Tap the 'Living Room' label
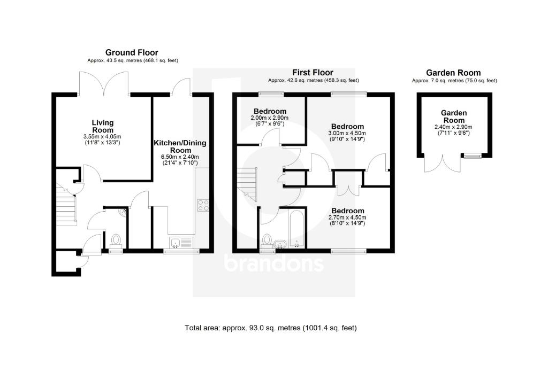103,126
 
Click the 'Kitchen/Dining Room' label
180,147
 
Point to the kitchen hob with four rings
203,206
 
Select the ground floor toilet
115,240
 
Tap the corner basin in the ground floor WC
124,213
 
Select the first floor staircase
247,182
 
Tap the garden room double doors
442,161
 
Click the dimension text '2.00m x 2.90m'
269,118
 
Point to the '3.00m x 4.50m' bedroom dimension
347,133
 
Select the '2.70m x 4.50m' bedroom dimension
347,218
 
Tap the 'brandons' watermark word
273,263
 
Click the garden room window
471,156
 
